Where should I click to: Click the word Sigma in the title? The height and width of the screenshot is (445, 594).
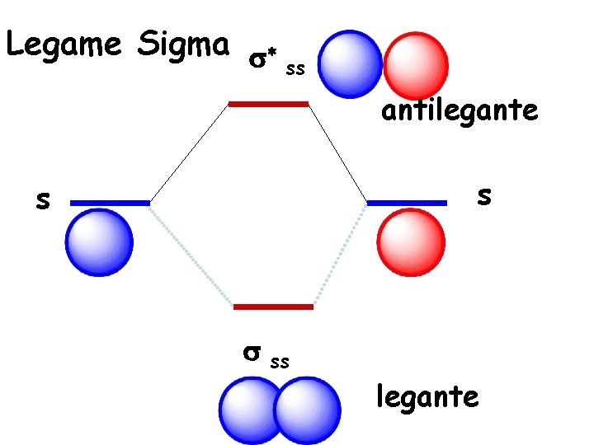[184, 44]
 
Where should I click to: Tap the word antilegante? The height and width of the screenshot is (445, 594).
[459, 110]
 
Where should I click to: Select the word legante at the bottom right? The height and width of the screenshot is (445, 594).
[427, 397]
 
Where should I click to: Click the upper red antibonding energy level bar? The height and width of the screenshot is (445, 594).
[268, 104]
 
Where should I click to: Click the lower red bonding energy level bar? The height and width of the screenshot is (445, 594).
[273, 307]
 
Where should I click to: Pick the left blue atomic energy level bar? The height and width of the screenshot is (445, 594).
[110, 202]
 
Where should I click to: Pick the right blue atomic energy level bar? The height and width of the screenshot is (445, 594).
[406, 202]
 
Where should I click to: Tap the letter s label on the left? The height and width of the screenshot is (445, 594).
[41, 199]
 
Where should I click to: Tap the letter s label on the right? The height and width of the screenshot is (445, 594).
[485, 195]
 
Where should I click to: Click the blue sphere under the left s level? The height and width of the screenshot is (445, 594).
[99, 242]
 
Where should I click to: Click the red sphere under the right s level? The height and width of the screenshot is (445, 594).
[411, 242]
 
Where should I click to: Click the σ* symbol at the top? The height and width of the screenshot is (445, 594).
[262, 60]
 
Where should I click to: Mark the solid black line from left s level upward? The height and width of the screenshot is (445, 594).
[188, 153]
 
